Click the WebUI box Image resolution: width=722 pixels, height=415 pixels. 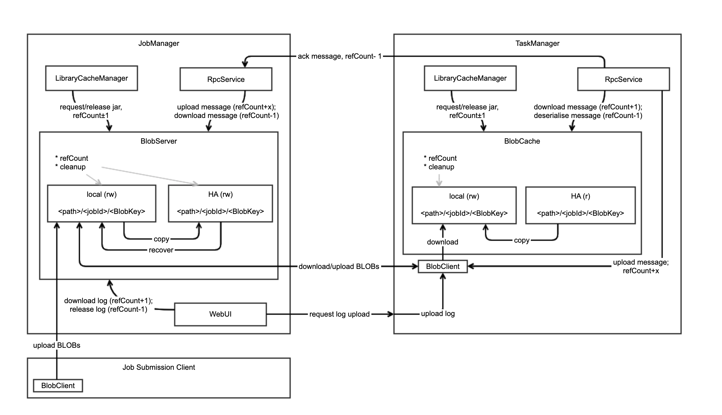[220, 314]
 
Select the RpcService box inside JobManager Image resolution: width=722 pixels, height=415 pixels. [226, 79]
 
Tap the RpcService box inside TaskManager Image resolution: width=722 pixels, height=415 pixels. [623, 79]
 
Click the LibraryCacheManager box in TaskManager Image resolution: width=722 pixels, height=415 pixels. [470, 78]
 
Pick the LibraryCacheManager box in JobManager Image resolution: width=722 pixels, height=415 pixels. [91, 78]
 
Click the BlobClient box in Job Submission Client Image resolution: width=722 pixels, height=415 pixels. [58, 386]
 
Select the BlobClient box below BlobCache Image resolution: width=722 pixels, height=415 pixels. [443, 266]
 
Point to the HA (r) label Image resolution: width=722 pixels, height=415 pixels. [580, 196]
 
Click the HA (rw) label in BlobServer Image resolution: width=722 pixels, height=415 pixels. [220, 194]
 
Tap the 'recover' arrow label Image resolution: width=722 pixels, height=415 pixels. [161, 250]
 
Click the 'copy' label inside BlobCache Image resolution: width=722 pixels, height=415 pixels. [521, 240]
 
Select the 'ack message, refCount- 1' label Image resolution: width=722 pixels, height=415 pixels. [340, 56]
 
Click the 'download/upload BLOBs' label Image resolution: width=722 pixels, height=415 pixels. [339, 266]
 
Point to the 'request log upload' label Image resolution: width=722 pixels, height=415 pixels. [339, 314]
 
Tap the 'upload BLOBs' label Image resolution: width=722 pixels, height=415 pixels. [57, 345]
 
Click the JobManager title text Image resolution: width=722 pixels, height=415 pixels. [159, 43]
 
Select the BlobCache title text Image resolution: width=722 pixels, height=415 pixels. [522, 141]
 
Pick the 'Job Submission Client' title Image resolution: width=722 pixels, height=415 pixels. [159, 367]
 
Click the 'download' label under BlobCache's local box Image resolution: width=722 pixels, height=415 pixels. [442, 242]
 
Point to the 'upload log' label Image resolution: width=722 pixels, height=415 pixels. [438, 314]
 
